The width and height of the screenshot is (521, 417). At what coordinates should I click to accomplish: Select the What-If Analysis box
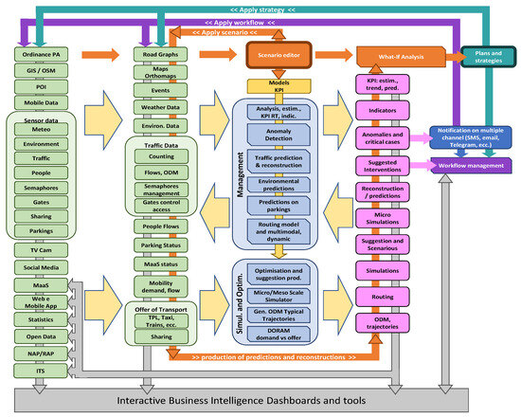(x=388, y=57)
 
